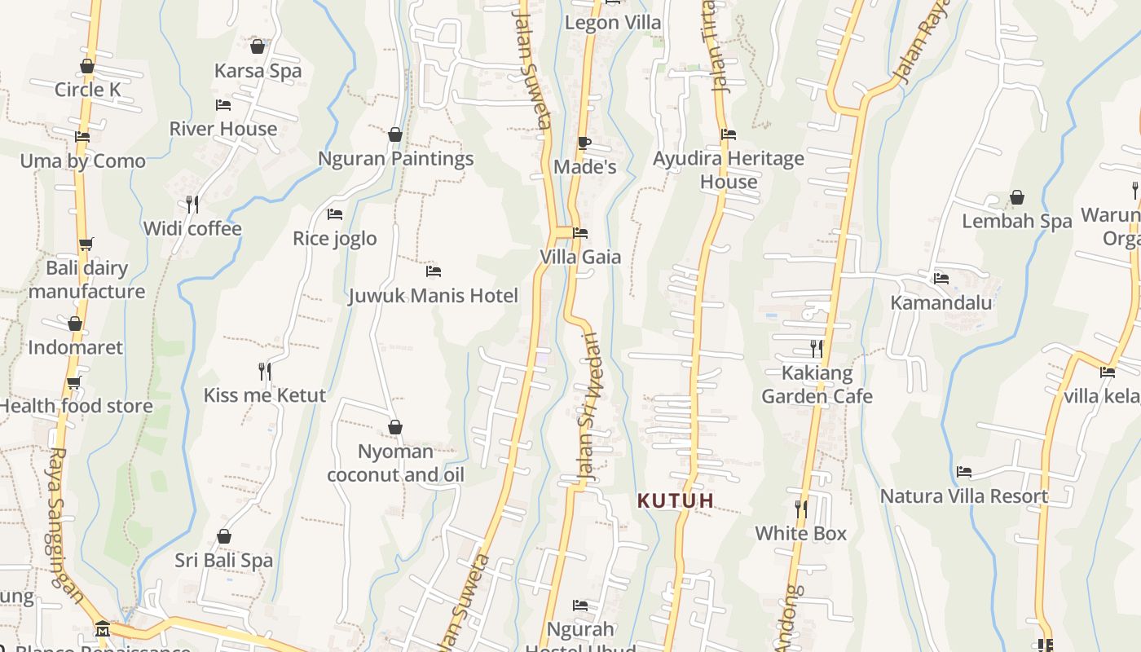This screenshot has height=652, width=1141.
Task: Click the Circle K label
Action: click(x=87, y=90)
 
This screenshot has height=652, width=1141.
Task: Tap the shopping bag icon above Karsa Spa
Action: click(x=258, y=47)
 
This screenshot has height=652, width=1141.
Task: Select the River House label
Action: click(x=223, y=129)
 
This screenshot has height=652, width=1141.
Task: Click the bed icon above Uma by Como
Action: click(x=82, y=137)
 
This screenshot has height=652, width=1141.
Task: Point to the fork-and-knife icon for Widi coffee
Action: click(x=192, y=204)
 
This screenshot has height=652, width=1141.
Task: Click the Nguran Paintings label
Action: click(x=395, y=159)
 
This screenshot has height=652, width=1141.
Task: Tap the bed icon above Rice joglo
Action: click(x=335, y=214)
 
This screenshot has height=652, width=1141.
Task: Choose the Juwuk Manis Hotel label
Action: click(x=433, y=295)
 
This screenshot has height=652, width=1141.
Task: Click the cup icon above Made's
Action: click(x=584, y=143)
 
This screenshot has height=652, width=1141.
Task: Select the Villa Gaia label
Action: click(x=580, y=258)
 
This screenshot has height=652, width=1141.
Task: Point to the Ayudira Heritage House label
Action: click(x=729, y=170)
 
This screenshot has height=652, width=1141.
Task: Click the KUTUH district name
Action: click(x=676, y=501)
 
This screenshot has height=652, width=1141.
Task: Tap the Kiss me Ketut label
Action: click(x=264, y=395)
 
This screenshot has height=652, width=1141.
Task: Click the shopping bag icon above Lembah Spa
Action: click(x=1017, y=197)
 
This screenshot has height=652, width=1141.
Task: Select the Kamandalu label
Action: click(x=941, y=303)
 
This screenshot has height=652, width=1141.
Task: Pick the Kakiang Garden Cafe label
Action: click(x=817, y=385)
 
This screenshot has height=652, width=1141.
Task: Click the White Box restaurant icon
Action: click(x=801, y=509)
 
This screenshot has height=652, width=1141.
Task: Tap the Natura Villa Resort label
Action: click(x=964, y=496)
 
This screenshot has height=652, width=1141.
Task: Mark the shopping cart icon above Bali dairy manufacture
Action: click(x=86, y=244)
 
